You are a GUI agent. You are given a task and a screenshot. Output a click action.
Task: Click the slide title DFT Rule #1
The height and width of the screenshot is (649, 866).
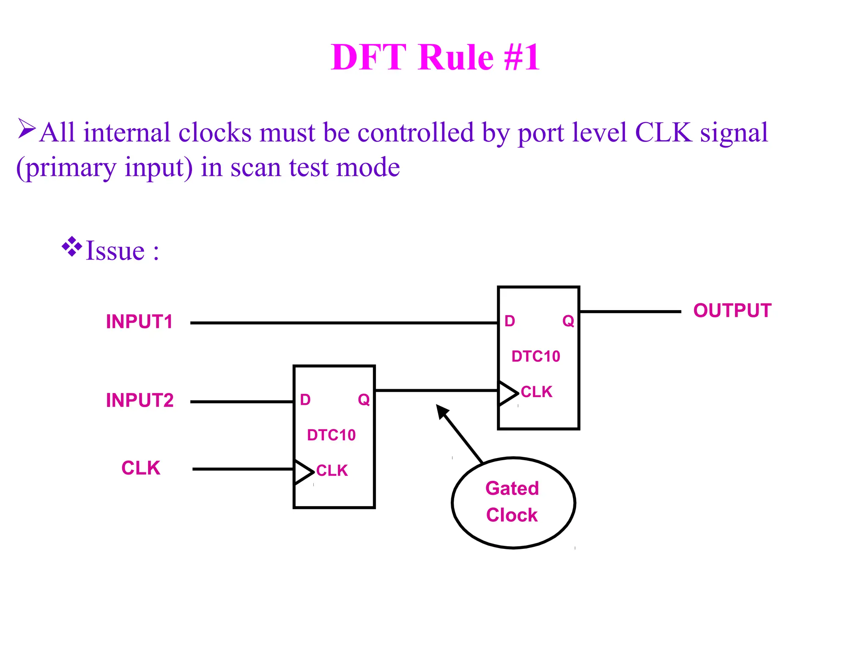[x=435, y=57]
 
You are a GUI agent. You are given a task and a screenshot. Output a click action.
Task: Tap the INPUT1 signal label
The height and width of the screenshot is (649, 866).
[x=139, y=322]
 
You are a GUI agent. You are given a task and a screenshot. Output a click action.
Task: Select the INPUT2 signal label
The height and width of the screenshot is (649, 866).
[x=140, y=401]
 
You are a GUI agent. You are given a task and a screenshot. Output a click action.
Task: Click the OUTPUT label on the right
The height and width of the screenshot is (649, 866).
[x=732, y=311]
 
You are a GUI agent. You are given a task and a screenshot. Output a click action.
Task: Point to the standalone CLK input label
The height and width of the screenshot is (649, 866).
[x=141, y=468]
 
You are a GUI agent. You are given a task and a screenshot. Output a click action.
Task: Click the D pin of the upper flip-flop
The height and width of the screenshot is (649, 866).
[x=510, y=322]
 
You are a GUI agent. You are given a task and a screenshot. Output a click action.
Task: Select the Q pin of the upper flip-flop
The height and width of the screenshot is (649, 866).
[x=568, y=322]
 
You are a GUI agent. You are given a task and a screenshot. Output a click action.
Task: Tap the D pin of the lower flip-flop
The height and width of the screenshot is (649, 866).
[x=305, y=400]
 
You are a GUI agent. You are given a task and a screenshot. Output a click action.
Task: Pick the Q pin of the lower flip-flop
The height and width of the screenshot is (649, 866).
[x=364, y=400]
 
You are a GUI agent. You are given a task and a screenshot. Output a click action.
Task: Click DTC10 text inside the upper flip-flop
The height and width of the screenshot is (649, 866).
[x=536, y=357]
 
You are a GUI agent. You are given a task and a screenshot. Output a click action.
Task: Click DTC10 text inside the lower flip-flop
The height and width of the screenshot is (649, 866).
[x=331, y=435]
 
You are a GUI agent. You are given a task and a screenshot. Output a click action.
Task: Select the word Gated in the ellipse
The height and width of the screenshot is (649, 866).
[x=512, y=489]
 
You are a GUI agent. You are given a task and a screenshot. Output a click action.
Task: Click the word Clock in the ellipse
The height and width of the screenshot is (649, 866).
[x=512, y=515]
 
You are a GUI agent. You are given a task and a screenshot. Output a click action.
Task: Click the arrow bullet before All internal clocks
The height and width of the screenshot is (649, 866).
[x=27, y=129]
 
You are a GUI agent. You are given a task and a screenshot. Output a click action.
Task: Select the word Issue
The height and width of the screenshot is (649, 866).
[x=115, y=251]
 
